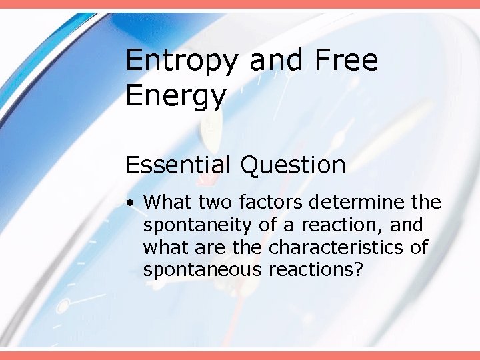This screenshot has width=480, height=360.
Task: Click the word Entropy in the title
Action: coord(181,61)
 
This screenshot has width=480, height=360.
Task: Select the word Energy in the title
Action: coord(176,96)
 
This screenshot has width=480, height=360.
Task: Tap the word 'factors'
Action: coord(272,201)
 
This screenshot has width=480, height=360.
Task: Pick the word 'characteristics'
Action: coord(336,247)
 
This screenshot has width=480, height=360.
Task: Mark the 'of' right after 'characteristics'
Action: coord(419,247)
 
